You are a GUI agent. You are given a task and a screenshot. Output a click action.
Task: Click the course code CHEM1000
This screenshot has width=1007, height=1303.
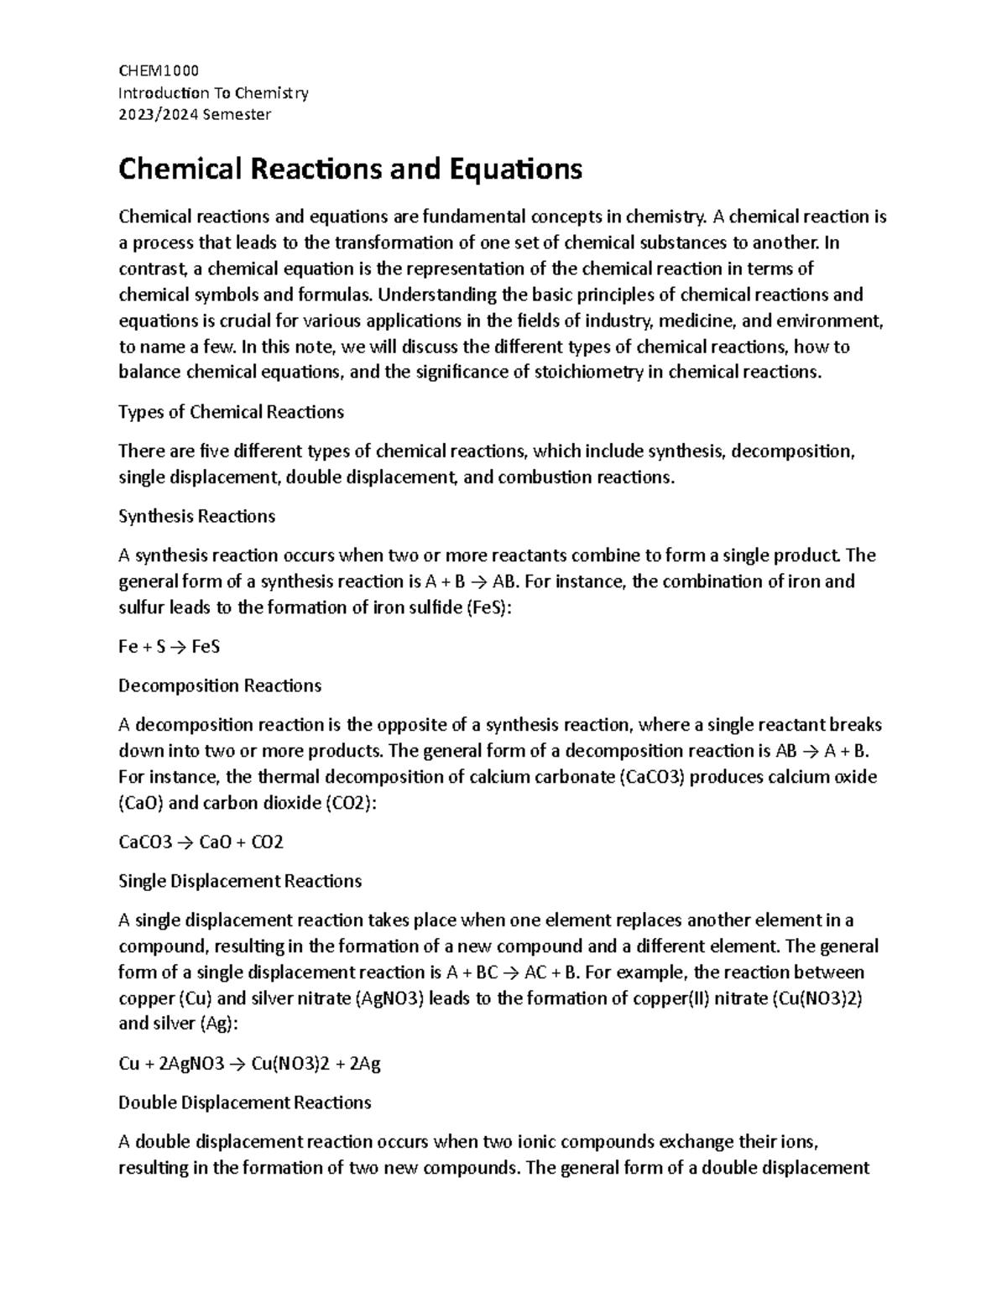click(x=159, y=70)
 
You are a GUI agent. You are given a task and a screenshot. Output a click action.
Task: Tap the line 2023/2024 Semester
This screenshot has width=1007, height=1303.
click(x=195, y=114)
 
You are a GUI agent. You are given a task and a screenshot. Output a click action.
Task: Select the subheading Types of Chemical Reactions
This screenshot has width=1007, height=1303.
click(x=231, y=412)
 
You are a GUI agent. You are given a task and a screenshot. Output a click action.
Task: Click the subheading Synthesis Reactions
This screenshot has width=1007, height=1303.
click(x=196, y=516)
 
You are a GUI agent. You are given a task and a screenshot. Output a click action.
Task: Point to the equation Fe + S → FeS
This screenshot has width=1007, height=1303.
click(x=169, y=646)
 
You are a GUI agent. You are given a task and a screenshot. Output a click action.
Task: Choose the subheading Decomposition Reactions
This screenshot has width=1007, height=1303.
click(x=220, y=685)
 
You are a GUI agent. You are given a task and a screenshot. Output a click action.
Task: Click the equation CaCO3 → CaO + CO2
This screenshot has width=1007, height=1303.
click(x=201, y=842)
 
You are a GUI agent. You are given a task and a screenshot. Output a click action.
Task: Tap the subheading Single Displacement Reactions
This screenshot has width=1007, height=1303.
click(x=240, y=881)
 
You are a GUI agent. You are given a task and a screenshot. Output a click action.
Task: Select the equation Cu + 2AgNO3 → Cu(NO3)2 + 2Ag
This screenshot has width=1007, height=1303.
click(x=250, y=1064)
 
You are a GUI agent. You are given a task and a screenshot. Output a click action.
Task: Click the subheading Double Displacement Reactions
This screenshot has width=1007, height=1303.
click(x=244, y=1102)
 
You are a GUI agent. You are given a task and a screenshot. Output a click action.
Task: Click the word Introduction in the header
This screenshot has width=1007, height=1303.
click(x=164, y=92)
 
